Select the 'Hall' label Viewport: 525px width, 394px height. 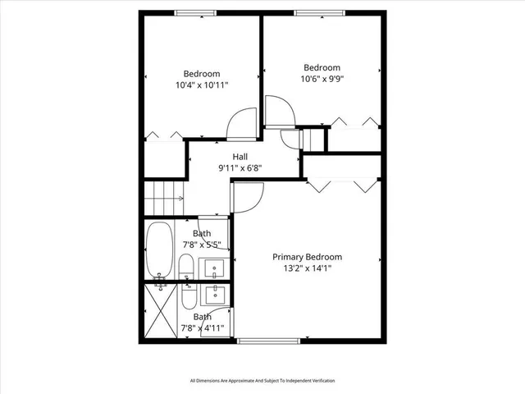click(240, 157)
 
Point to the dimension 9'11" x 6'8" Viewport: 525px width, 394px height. click(240, 168)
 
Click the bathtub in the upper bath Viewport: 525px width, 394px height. click(159, 250)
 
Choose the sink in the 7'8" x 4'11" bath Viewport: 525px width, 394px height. click(217, 295)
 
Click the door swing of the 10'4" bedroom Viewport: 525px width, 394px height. click(241, 125)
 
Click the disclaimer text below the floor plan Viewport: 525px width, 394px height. click(262, 381)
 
